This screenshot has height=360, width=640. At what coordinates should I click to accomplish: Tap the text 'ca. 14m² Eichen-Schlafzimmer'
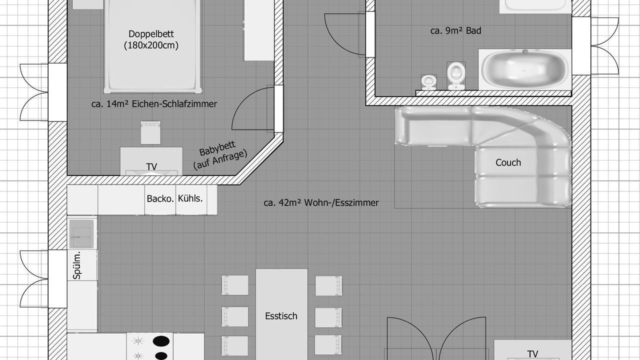point(154,104)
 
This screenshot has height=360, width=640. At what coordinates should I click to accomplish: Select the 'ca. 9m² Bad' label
point(455,30)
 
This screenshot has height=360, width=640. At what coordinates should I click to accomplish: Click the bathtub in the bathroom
point(524,69)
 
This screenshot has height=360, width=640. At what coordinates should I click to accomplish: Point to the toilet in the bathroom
point(456,75)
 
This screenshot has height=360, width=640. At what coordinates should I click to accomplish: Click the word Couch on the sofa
point(508,162)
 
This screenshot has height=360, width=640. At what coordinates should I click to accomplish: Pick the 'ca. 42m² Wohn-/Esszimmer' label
point(321,202)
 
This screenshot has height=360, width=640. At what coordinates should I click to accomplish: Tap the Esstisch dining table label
point(281,316)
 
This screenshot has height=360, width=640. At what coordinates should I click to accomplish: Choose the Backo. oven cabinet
point(160,199)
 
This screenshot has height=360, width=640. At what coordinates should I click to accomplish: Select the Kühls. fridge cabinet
point(191,199)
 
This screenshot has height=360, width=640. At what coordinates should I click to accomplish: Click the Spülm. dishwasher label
point(77,265)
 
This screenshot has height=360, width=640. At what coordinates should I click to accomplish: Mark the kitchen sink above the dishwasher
point(81,234)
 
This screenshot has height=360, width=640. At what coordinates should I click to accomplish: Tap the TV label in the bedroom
point(151,166)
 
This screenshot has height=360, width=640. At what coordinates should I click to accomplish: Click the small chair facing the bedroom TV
point(150,132)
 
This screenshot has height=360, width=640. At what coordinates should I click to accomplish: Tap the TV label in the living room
point(532,354)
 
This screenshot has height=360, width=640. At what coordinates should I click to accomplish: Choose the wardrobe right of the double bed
point(258,30)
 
